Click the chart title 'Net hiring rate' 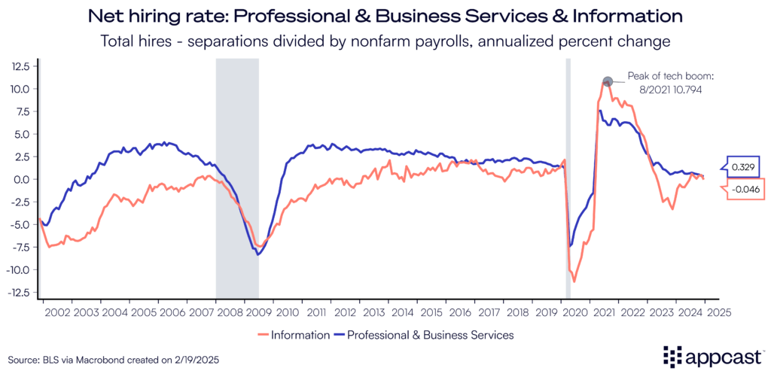click(385, 16)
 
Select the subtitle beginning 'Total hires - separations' click(385, 41)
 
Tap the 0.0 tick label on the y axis click(21, 179)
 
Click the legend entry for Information click(293, 335)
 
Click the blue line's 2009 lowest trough click(258, 254)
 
